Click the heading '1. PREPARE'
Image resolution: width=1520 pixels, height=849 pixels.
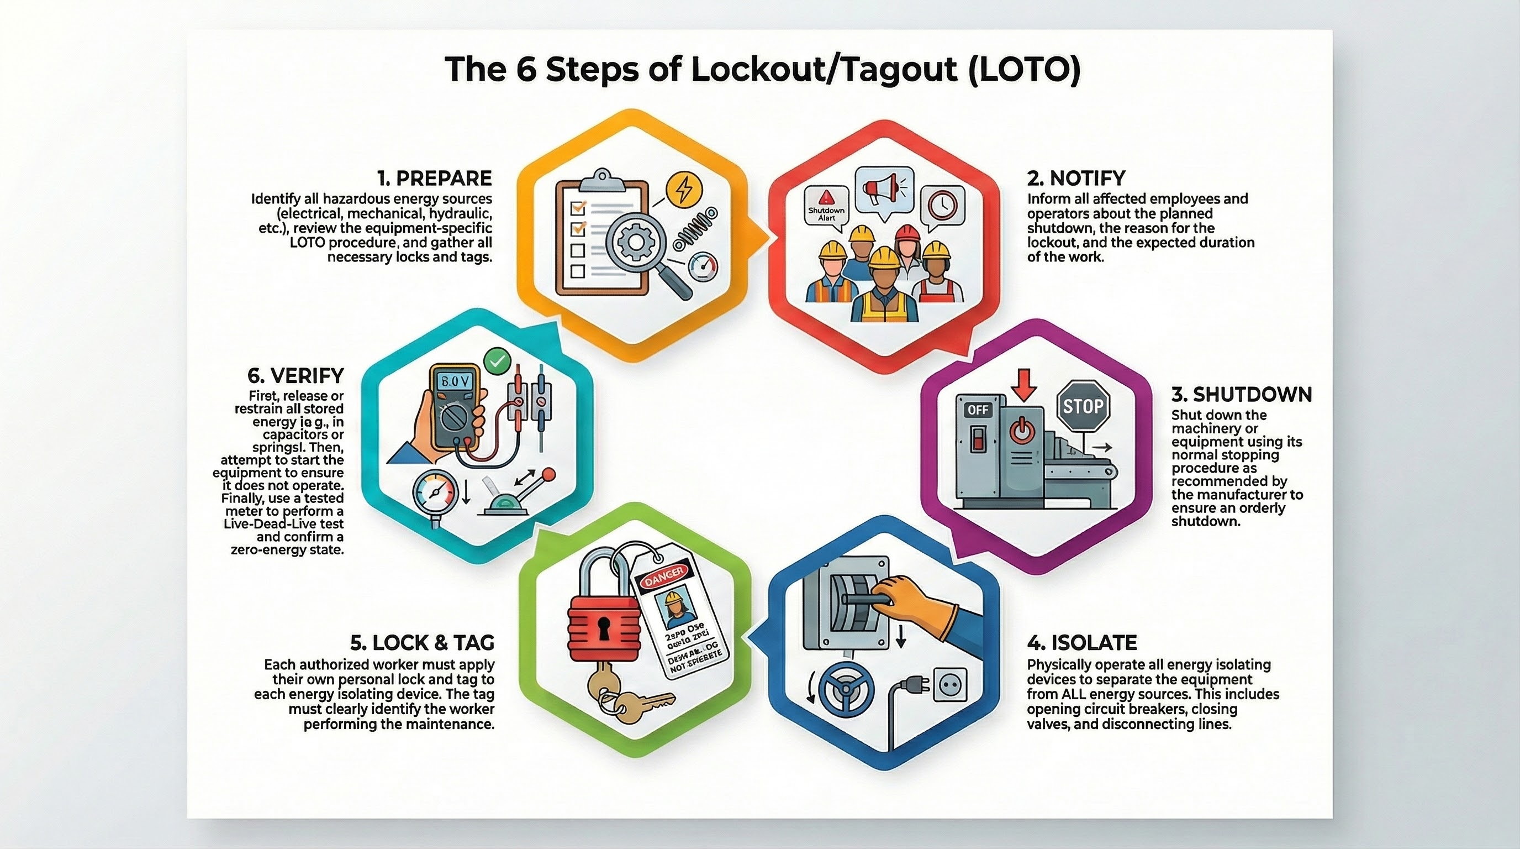pyautogui.click(x=434, y=179)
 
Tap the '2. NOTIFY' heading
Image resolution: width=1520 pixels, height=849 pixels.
pyautogui.click(x=1076, y=179)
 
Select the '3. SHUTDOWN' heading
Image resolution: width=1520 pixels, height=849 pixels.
pyautogui.click(x=1242, y=395)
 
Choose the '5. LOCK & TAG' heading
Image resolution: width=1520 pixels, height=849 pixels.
pyautogui.click(x=422, y=642)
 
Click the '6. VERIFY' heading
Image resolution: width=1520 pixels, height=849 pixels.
pyautogui.click(x=295, y=375)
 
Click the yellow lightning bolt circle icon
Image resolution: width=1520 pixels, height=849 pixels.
pyautogui.click(x=684, y=189)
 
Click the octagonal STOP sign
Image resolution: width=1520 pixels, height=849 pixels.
pyautogui.click(x=1083, y=406)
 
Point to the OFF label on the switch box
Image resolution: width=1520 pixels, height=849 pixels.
pyautogui.click(x=978, y=410)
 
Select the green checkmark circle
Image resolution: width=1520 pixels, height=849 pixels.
pyautogui.click(x=497, y=361)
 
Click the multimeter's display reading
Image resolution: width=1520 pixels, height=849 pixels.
pyautogui.click(x=454, y=382)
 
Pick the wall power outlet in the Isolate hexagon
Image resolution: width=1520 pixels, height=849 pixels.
pyautogui.click(x=950, y=685)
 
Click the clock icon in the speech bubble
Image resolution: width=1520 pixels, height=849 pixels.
pyautogui.click(x=942, y=205)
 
